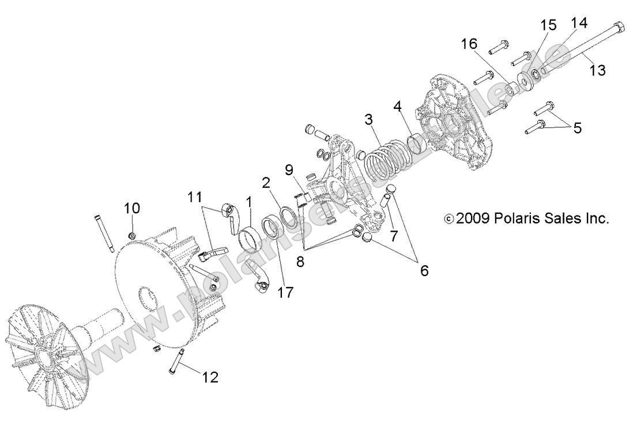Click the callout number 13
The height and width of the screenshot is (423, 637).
(598, 70)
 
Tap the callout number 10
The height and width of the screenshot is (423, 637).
(131, 207)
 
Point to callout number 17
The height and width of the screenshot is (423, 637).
(285, 292)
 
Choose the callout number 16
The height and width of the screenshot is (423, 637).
(469, 44)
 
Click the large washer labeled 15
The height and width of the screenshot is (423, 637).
(525, 78)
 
